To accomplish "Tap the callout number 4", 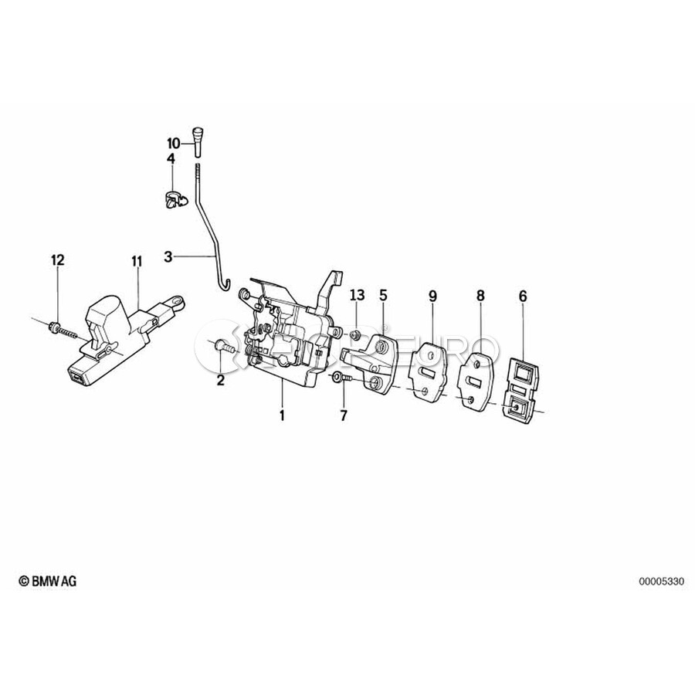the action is point(171,158).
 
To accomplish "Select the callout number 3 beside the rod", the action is point(168,256).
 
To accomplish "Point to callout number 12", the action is point(58,259).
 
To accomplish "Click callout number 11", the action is point(137,262).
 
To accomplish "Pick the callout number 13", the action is point(358,295).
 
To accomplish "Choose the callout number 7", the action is point(344,415).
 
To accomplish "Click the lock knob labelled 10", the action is point(198,140).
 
